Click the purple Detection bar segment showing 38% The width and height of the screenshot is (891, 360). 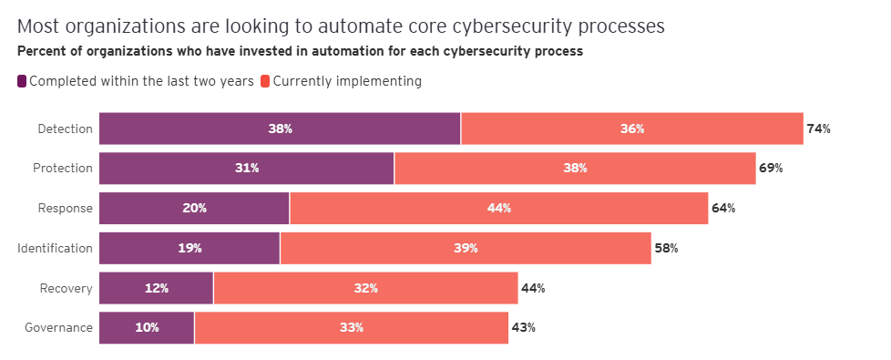(x=280, y=129)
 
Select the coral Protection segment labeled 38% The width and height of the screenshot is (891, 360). (x=575, y=169)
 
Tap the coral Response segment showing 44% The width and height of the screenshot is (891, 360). (x=498, y=208)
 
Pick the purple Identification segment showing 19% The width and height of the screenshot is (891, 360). (x=189, y=248)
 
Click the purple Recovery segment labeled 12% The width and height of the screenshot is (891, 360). (x=156, y=288)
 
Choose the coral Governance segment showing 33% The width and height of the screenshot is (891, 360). (x=351, y=327)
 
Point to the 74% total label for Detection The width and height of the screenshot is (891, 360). (x=818, y=129)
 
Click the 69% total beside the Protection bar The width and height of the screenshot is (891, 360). (x=771, y=169)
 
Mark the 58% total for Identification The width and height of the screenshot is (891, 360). (x=666, y=248)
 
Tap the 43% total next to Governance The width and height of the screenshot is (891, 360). (x=523, y=327)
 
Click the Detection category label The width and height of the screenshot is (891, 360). (x=65, y=129)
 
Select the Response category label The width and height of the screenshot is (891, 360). (x=65, y=208)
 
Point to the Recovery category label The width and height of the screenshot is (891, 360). (x=67, y=288)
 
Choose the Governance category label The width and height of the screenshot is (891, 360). (x=59, y=327)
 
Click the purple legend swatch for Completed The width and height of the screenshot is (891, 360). (x=22, y=81)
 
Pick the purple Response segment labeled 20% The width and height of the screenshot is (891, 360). (x=194, y=208)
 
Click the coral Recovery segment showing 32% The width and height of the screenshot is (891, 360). (x=365, y=288)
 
